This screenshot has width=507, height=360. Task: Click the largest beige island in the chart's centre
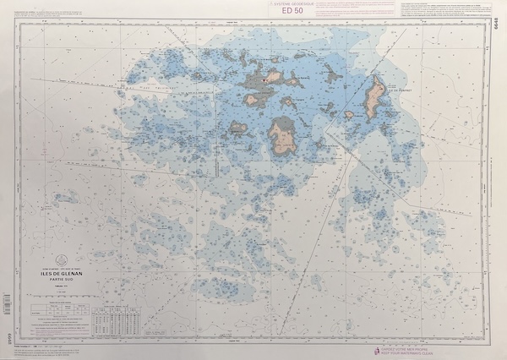coord(281,136)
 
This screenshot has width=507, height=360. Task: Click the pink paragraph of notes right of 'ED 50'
coord(355,8)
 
